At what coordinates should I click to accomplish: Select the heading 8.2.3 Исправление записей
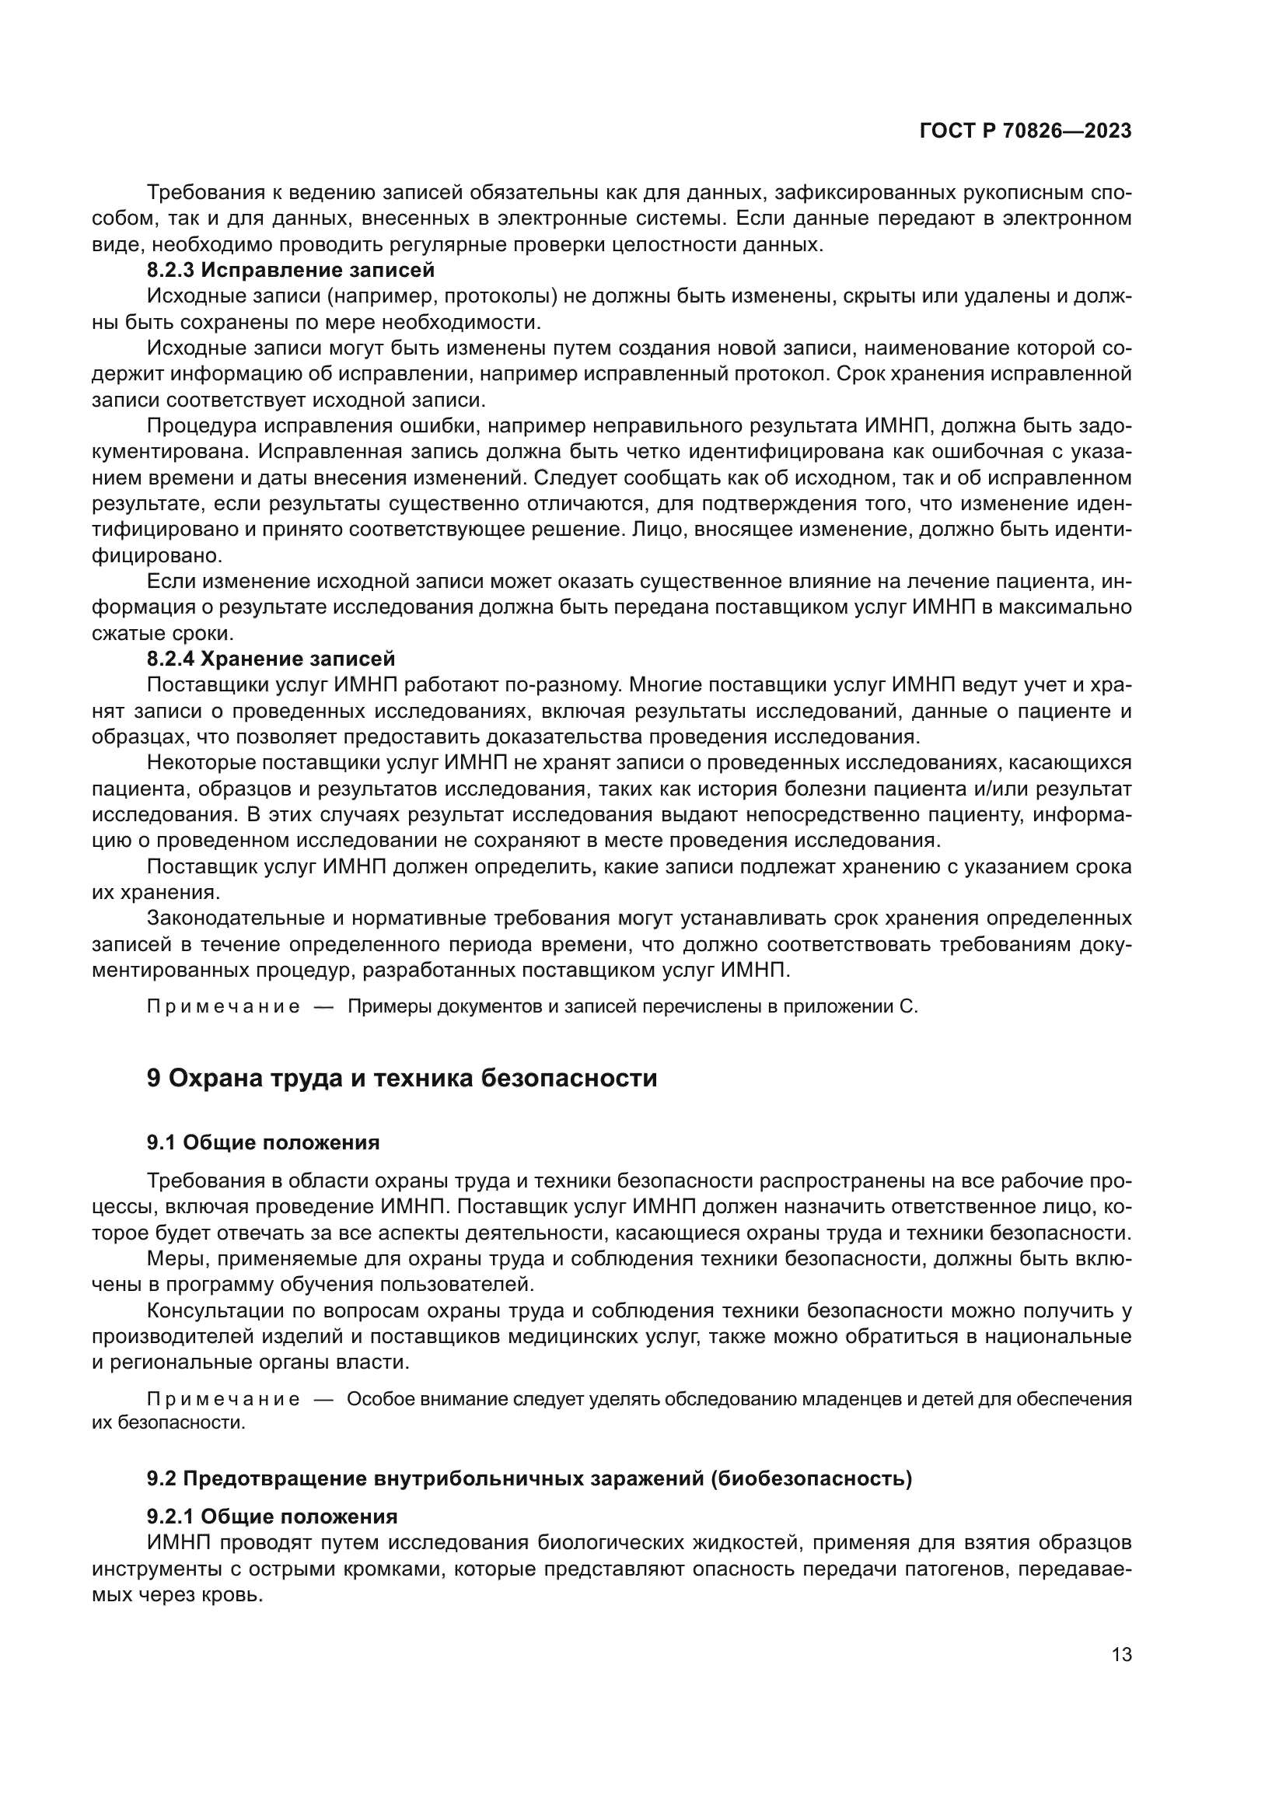[x=291, y=270]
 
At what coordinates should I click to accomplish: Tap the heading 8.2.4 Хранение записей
[x=271, y=659]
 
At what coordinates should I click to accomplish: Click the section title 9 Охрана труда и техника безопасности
[x=401, y=1078]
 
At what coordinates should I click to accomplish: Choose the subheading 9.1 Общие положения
[x=263, y=1142]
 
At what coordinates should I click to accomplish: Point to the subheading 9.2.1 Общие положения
[x=271, y=1517]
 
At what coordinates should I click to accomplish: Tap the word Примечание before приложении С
[x=223, y=1007]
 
